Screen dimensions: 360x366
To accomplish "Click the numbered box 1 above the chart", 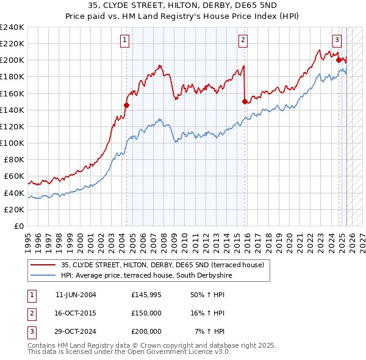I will [x=124, y=41].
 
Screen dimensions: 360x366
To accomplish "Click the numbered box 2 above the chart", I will [x=243, y=41].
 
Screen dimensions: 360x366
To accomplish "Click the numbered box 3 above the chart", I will [x=337, y=41].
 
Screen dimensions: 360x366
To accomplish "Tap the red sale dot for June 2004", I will [x=127, y=105].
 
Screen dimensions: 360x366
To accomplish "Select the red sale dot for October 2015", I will [x=245, y=101].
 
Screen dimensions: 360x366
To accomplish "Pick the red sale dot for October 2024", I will [x=339, y=60].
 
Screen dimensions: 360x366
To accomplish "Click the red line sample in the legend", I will [x=43, y=265].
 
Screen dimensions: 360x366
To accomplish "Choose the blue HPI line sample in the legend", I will [x=43, y=276].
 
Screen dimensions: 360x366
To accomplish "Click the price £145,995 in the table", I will [x=146, y=295].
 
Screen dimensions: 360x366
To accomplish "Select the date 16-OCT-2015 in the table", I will [x=76, y=313].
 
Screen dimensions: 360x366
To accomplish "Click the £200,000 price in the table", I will [x=146, y=331].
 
